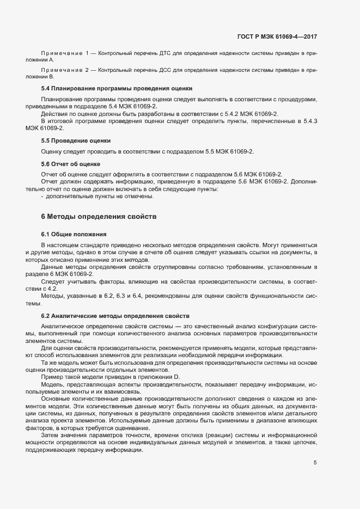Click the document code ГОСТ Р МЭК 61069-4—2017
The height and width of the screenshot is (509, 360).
click(x=277, y=36)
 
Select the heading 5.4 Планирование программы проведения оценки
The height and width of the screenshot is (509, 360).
click(x=117, y=88)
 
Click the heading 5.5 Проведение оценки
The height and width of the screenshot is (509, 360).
click(x=76, y=140)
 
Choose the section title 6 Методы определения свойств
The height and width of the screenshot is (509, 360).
click(x=99, y=217)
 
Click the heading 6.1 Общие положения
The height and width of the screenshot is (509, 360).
click(x=74, y=234)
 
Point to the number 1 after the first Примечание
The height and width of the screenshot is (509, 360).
click(x=88, y=53)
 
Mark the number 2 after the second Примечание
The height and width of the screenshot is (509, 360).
click(x=88, y=71)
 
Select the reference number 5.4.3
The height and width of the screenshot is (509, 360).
click(x=308, y=120)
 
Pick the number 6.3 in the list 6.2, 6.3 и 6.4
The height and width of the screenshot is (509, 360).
click(x=122, y=295)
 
